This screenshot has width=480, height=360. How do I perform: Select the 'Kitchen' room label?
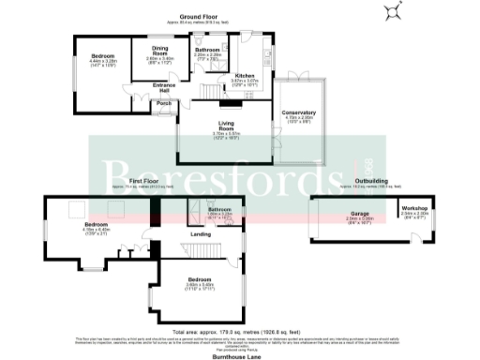244,76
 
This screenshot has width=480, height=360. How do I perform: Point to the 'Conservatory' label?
299,113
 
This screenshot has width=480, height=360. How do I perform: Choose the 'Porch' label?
163,103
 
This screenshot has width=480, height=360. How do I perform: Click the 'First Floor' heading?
142,180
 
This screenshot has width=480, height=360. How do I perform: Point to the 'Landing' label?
201,233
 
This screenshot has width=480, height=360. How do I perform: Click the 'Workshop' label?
414,207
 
